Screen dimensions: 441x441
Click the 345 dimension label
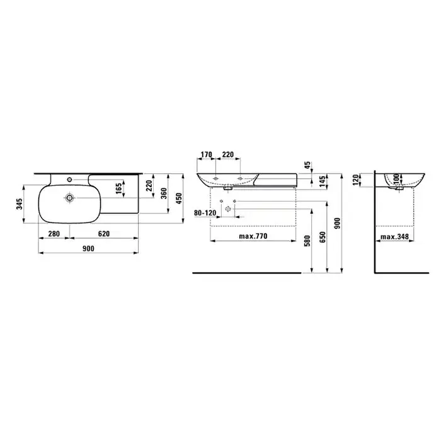(19, 204)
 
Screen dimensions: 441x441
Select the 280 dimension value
(54, 234)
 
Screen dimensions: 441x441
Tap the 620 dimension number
(104, 234)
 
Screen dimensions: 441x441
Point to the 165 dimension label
(118, 188)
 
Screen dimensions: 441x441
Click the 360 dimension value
(163, 193)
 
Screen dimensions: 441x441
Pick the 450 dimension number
(179, 198)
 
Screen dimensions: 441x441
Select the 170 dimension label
(206, 154)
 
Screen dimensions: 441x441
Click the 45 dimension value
(307, 165)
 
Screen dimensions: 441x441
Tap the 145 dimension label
(323, 181)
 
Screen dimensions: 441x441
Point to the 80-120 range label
(205, 213)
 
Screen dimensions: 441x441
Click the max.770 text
(253, 236)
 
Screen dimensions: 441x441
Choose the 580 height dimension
(307, 241)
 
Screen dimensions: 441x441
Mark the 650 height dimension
(323, 237)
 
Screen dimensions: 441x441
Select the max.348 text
(394, 237)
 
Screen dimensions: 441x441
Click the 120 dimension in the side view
(356, 180)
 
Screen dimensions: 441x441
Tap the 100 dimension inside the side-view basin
(396, 178)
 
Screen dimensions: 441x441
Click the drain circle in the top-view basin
(69, 198)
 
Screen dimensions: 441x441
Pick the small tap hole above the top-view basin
(69, 180)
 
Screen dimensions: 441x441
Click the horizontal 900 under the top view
(88, 249)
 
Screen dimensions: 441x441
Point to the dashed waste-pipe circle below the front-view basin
(228, 209)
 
